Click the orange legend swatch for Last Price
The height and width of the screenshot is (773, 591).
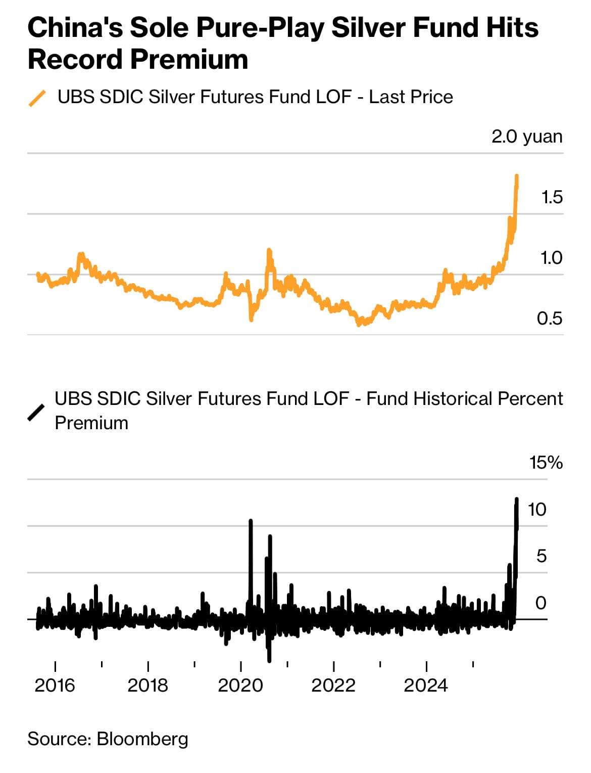click(37, 98)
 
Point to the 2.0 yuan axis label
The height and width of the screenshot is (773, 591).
click(527, 137)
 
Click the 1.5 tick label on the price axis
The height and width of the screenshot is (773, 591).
click(551, 197)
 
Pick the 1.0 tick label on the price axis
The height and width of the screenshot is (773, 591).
click(551, 258)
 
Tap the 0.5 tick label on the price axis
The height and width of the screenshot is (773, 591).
click(550, 319)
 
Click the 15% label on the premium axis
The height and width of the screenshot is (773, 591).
click(546, 463)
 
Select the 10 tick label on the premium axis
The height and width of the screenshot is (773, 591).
click(537, 510)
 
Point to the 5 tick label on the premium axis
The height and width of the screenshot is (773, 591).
click(541, 556)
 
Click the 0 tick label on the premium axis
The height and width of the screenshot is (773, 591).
click(541, 603)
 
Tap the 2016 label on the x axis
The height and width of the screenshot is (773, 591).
click(55, 686)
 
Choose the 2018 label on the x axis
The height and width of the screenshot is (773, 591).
click(147, 686)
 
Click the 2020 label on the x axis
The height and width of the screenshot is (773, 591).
click(240, 686)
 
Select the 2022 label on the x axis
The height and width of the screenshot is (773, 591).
click(333, 686)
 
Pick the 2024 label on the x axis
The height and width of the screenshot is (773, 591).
click(426, 686)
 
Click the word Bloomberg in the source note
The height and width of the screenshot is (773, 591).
click(142, 739)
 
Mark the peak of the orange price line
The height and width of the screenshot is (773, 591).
click(517, 176)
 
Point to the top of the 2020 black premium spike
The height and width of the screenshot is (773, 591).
click(251, 520)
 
